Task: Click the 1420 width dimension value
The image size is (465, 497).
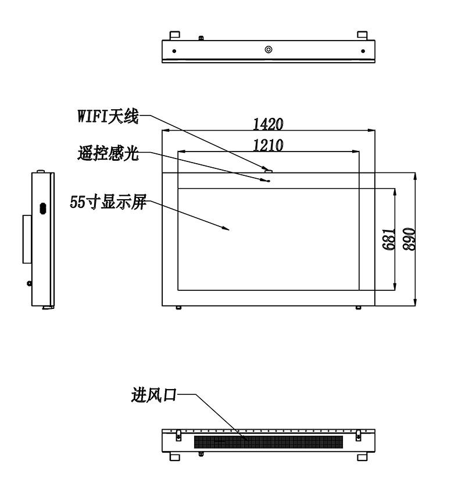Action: (x=268, y=124)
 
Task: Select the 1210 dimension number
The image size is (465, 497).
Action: (x=268, y=146)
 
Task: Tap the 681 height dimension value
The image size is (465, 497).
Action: (x=389, y=239)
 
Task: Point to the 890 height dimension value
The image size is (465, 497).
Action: (x=409, y=239)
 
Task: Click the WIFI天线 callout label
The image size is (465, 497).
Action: (x=108, y=116)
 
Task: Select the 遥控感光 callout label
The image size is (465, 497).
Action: (x=108, y=153)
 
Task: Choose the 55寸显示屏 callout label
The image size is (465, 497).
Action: (x=108, y=201)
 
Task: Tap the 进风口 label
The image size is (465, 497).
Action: (x=154, y=395)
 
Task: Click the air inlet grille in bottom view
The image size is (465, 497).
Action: (x=269, y=442)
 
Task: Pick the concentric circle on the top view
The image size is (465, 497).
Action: (x=269, y=49)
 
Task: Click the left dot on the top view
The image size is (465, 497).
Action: (x=174, y=51)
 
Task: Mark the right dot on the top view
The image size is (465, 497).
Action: (x=363, y=51)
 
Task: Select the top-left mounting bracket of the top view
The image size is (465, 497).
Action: (x=175, y=35)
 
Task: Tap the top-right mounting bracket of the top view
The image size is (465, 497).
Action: (x=362, y=35)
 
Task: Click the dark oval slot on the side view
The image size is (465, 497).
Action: (x=43, y=208)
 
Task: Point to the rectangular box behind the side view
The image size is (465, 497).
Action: (x=27, y=239)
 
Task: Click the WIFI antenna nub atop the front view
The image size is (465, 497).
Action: (x=269, y=171)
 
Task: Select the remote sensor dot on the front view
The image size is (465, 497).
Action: (x=269, y=181)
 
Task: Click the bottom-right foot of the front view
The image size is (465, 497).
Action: (x=358, y=308)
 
